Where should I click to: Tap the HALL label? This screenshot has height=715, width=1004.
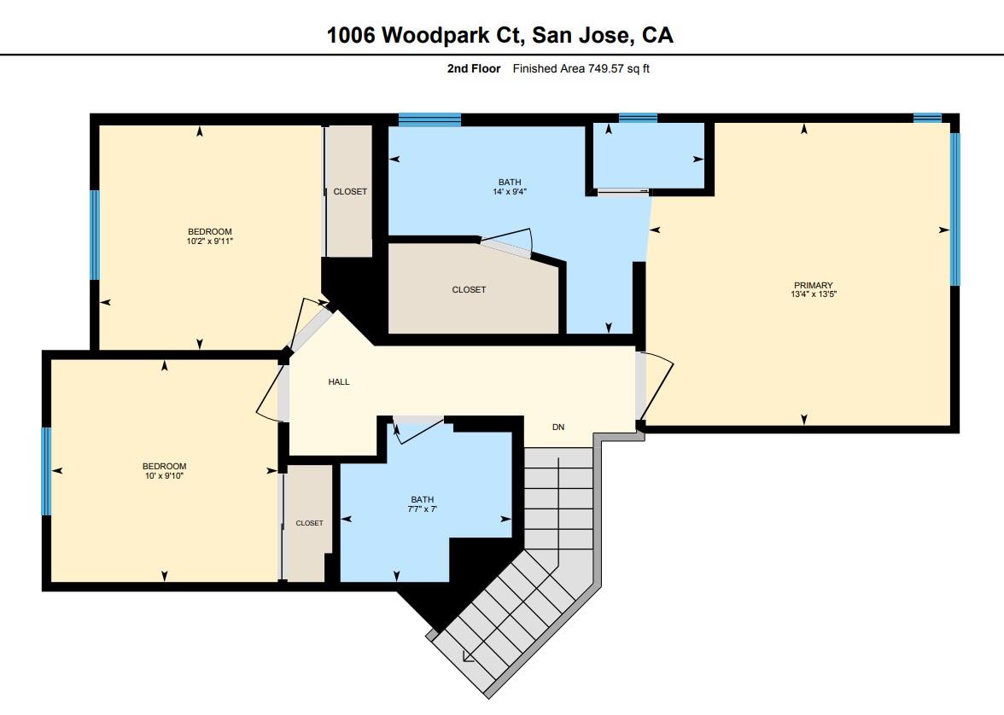click(339, 382)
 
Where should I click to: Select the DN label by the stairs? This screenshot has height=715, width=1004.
click(558, 427)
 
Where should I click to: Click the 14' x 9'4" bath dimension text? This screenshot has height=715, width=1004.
click(510, 192)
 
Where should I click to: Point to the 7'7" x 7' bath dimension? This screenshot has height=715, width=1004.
click(422, 509)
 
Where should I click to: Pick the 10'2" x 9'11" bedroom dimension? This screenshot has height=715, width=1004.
click(210, 241)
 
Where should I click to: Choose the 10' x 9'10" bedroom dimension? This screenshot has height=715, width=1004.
click(163, 476)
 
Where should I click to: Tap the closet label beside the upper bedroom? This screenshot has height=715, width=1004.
click(350, 192)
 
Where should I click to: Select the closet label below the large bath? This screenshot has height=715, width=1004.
click(469, 290)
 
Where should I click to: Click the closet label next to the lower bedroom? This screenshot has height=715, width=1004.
click(309, 523)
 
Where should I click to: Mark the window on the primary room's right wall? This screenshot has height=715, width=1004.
click(954, 209)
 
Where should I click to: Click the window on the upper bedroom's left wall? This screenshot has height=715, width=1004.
click(95, 235)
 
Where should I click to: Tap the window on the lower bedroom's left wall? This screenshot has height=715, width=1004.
click(47, 471)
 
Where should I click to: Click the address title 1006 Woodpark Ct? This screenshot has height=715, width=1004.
click(500, 35)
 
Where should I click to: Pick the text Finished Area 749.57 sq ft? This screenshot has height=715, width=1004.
click(581, 69)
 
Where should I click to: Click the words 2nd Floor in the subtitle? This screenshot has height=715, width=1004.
click(474, 69)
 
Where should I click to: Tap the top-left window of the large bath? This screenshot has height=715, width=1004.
click(429, 119)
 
